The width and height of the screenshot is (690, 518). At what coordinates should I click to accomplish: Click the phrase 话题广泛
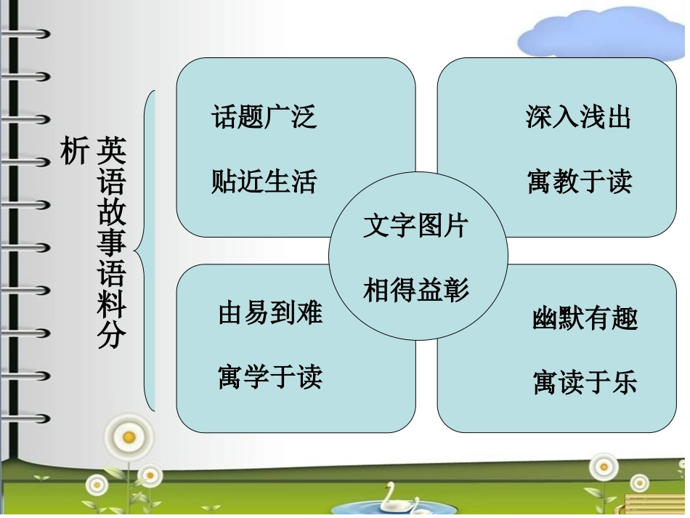tap(264, 116)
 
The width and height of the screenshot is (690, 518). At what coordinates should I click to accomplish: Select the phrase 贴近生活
tap(264, 181)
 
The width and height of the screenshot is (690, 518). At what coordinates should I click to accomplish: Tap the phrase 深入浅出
tap(578, 116)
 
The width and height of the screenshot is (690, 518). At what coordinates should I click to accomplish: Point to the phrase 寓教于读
tap(580, 181)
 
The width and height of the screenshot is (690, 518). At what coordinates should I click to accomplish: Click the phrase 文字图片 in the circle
tap(416, 225)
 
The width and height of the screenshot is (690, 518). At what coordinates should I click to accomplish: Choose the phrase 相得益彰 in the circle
tap(416, 290)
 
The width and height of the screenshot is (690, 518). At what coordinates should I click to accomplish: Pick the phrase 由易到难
tap(270, 312)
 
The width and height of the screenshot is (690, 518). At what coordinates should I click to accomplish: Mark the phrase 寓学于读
tap(270, 376)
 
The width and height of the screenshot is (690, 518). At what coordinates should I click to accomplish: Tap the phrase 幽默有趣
tap(585, 318)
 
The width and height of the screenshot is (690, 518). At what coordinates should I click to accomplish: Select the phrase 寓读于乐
tap(585, 382)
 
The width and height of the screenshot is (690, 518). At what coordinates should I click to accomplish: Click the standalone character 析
tap(73, 151)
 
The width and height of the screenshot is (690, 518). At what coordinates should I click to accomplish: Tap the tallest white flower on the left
tap(129, 437)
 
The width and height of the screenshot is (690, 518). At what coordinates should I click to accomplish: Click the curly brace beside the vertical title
tap(147, 251)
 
